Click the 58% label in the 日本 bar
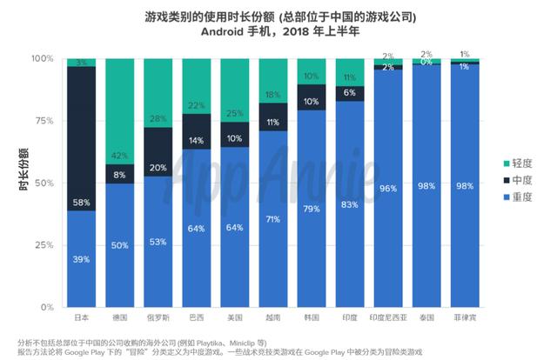(81, 202)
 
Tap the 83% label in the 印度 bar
(348, 203)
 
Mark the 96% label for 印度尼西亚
(386, 187)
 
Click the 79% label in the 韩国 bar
(311, 209)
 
